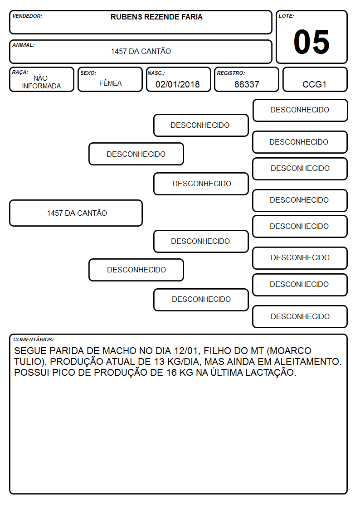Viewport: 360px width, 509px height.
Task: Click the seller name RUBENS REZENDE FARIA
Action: (156, 17)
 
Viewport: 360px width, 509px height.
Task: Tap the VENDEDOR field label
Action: (27, 16)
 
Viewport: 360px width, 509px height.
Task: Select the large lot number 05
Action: (311, 42)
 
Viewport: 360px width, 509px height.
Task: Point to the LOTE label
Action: (286, 16)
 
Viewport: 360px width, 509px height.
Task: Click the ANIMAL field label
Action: (24, 45)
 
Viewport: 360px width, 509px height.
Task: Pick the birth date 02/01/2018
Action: (178, 84)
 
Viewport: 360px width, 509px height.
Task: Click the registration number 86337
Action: (247, 84)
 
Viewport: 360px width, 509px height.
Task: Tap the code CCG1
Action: (314, 84)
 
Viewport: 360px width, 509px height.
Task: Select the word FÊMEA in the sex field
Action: (110, 83)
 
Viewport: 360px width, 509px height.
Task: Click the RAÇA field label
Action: (20, 72)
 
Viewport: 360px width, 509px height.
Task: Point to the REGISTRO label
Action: (231, 73)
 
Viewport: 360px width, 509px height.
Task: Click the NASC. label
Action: (156, 73)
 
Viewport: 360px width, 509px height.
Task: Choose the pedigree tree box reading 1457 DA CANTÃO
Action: (76, 213)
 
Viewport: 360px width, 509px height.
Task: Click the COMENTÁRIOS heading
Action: (34, 339)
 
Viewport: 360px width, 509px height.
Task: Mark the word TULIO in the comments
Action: (29, 362)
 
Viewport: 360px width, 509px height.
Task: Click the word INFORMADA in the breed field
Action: (41, 86)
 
